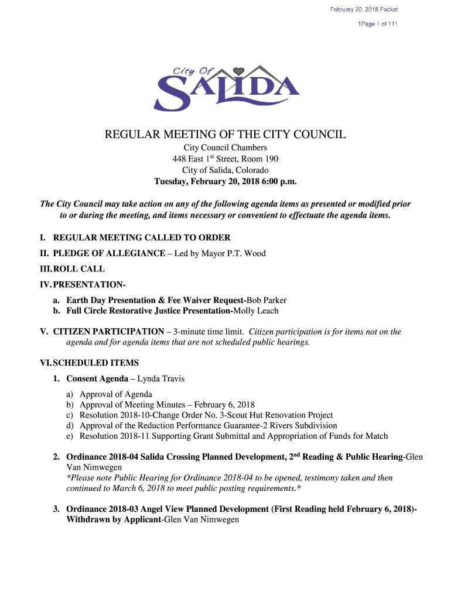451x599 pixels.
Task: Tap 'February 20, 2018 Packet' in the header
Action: click(364, 9)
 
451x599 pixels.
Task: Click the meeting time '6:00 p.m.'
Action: click(275, 181)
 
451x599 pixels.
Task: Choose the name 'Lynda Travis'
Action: click(161, 378)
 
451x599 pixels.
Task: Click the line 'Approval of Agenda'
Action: click(116, 394)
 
